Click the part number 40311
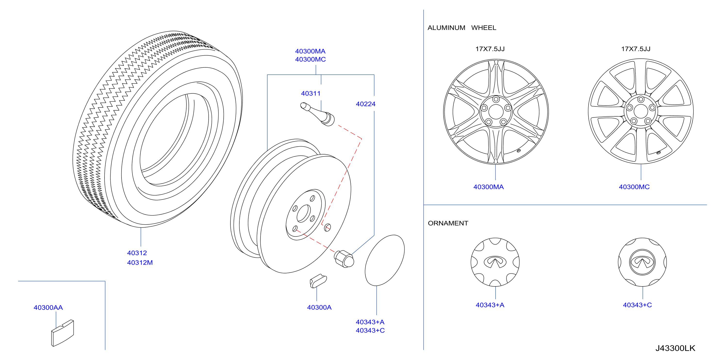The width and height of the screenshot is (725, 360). (311, 93)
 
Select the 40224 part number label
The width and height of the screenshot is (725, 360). (366, 104)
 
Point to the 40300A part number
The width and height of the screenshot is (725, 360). (319, 307)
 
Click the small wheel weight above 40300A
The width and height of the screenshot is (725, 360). (318, 281)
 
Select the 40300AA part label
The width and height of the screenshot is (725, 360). (48, 308)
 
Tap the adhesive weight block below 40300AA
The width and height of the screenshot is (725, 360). (63, 333)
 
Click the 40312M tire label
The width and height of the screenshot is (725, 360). (140, 263)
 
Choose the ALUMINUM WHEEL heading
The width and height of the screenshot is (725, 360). (462, 28)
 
